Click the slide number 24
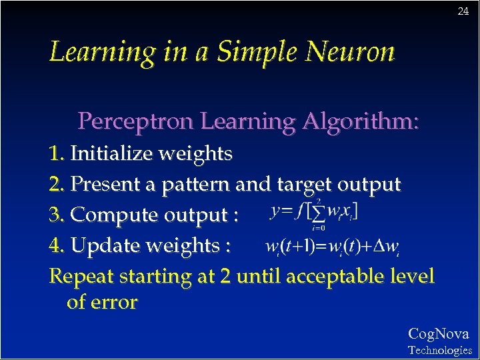[463, 11]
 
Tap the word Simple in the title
[251, 51]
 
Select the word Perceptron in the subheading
[137, 121]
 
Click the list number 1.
[57, 154]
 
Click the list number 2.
[57, 183]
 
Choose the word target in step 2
[297, 184]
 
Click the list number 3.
[57, 215]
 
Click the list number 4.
[57, 245]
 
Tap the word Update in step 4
[100, 246]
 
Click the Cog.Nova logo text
[438, 334]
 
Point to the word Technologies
[439, 350]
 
